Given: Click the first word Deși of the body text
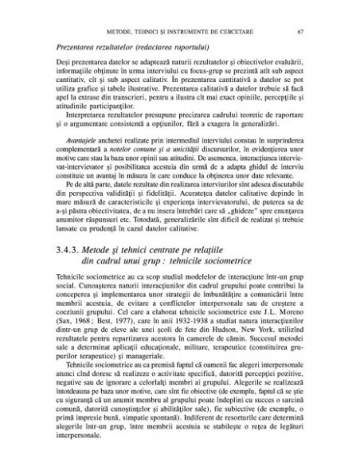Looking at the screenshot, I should coord(65,61).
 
